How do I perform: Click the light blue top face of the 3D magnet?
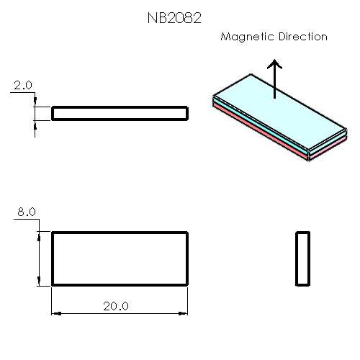(274, 108)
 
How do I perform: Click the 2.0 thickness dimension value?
(22, 85)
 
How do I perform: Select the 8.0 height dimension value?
(26, 212)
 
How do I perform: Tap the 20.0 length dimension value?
(115, 306)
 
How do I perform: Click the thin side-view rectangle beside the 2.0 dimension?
(120, 113)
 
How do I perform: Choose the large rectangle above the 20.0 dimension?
(120, 258)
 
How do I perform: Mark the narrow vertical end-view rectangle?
(302, 258)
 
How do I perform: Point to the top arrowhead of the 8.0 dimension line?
(37, 236)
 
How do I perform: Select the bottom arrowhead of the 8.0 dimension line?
(37, 281)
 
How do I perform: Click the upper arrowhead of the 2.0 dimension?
(35, 103)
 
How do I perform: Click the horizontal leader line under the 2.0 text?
(24, 92)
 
